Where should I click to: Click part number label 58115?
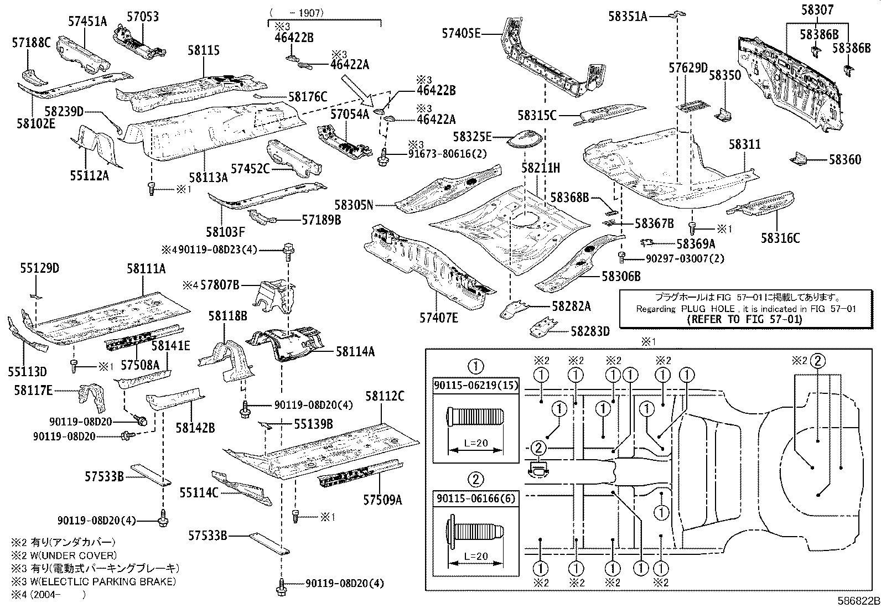203,51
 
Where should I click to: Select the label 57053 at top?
142,17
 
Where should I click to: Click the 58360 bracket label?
844,160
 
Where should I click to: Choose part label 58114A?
355,351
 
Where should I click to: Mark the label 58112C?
385,396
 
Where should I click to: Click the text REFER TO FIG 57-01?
744,319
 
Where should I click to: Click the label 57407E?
439,318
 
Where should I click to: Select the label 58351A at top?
627,17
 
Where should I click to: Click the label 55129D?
40,269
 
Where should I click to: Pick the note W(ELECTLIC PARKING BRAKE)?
94,581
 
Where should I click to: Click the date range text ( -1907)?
297,13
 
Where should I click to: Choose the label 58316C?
780,238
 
